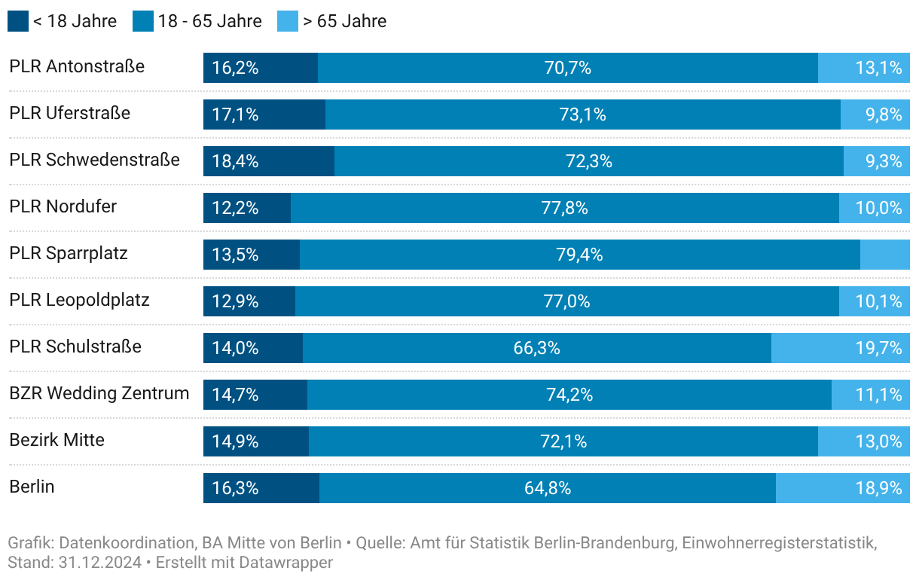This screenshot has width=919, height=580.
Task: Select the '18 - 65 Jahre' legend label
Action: pyautogui.click(x=209, y=21)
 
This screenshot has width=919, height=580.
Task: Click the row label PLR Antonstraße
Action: pyautogui.click(x=77, y=66)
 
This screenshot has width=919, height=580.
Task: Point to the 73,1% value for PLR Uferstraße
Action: pyautogui.click(x=582, y=114)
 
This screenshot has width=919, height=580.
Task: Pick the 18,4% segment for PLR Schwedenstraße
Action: pyautogui.click(x=235, y=161)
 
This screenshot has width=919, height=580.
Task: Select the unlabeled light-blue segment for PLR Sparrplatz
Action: pyautogui.click(x=884, y=255)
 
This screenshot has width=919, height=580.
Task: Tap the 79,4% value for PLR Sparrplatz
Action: pyautogui.click(x=579, y=255)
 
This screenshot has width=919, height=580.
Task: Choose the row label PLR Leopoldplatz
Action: pyautogui.click(x=79, y=300)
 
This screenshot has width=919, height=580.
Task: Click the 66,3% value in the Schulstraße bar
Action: pyautogui.click(x=536, y=348)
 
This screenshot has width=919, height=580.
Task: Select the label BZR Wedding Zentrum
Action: pyautogui.click(x=99, y=393)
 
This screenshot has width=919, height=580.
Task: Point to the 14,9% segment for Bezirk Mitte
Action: pyautogui.click(x=235, y=441)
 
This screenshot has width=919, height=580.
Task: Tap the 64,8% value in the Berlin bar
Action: pyautogui.click(x=548, y=488)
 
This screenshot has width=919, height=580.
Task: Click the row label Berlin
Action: pyautogui.click(x=32, y=487)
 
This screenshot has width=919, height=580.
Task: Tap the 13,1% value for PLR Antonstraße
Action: pyautogui.click(x=878, y=68)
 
